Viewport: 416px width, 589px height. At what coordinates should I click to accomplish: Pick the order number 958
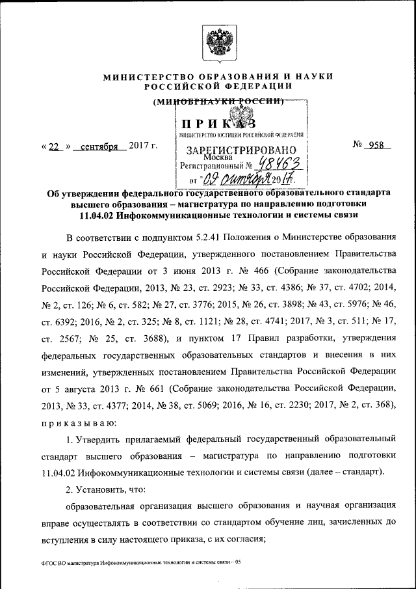tap(376, 145)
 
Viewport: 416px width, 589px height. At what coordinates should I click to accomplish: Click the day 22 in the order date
tap(55, 146)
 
